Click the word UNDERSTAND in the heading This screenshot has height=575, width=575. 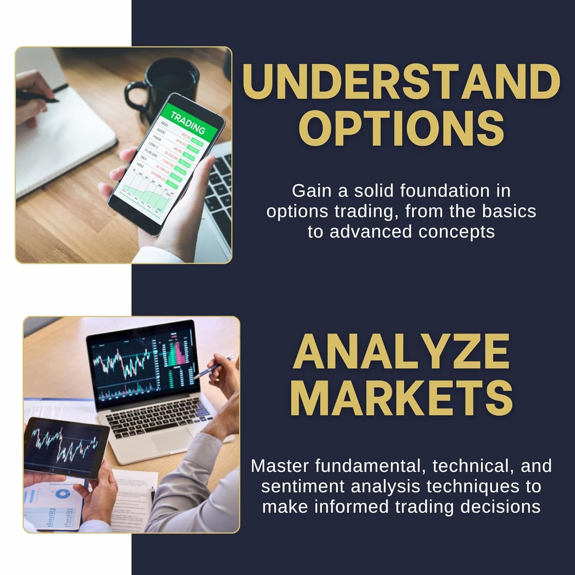pos(401,83)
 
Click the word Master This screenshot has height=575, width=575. pos(280,466)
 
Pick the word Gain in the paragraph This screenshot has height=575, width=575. pos(312,191)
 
